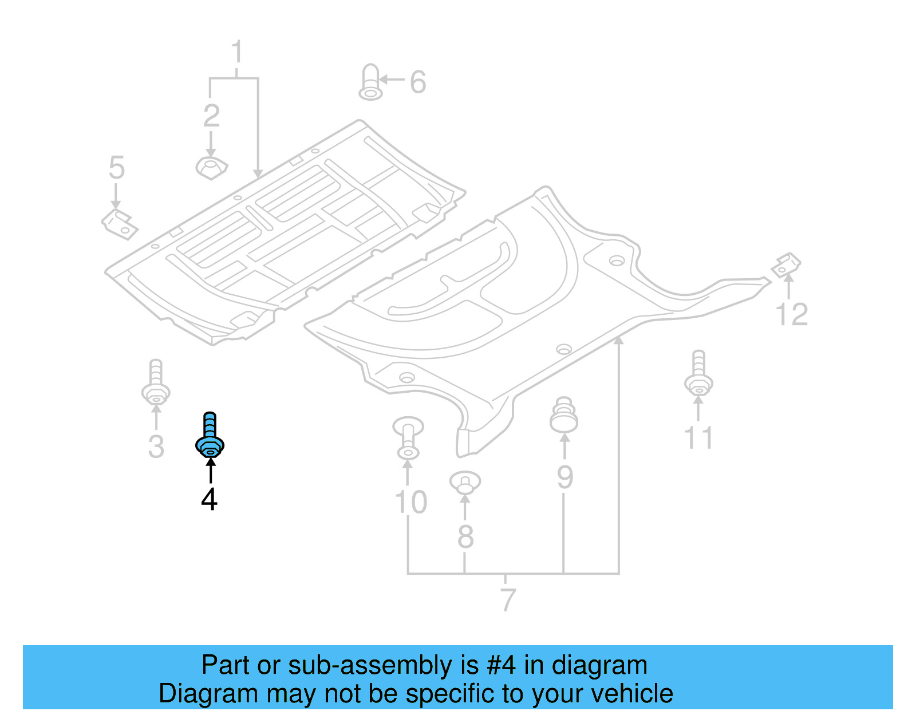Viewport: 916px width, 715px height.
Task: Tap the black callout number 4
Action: (209, 500)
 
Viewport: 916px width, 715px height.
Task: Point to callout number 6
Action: (418, 82)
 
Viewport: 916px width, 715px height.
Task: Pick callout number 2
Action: (211, 116)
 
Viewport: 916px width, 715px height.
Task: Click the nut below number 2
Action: (211, 168)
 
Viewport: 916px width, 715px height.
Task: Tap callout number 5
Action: (117, 168)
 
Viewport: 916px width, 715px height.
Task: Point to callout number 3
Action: (156, 447)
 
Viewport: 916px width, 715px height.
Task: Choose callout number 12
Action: (792, 314)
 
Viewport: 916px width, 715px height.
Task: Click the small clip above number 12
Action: (786, 264)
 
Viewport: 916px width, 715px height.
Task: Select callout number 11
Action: (698, 438)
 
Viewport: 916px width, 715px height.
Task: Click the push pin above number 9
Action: (564, 415)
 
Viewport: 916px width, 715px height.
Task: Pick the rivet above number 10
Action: (408, 438)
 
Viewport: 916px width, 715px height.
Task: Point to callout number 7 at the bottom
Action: (508, 599)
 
